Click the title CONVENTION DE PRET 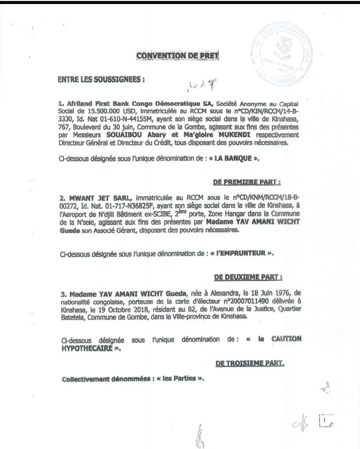coord(177,56)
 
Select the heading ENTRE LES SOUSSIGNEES coord(101,81)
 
